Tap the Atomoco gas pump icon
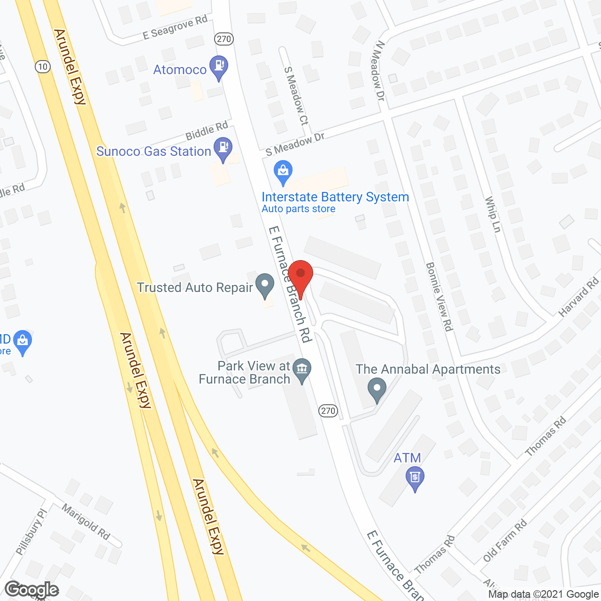218,67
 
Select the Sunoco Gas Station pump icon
223,148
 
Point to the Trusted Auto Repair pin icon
265,285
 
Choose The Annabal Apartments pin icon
377,390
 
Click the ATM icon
415,478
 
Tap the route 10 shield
43,67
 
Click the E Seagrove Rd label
175,28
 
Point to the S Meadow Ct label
296,96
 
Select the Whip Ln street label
493,214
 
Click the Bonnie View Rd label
439,296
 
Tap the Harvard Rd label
578,297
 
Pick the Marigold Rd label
86,522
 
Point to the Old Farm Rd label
505,541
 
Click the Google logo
32,589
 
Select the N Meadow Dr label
379,70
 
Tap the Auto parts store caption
299,209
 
